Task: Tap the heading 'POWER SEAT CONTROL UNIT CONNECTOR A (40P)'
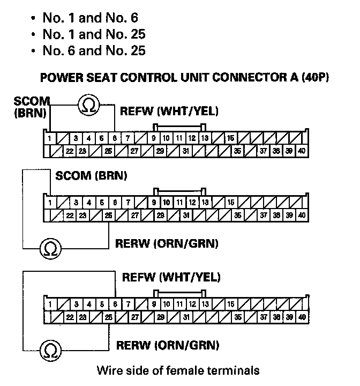pyautogui.click(x=184, y=77)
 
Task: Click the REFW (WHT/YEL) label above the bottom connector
pyautogui.click(x=171, y=277)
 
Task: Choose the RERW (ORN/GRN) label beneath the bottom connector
pyautogui.click(x=167, y=345)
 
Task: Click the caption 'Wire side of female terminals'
pyautogui.click(x=178, y=370)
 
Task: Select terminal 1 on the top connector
pyautogui.click(x=50, y=138)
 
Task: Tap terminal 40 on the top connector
pyautogui.click(x=302, y=151)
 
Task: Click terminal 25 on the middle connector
pyautogui.click(x=108, y=216)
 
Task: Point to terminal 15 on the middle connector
pyautogui.click(x=230, y=203)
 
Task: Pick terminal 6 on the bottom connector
pyautogui.click(x=115, y=304)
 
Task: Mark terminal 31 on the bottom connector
pyautogui.click(x=185, y=317)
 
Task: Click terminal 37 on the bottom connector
pyautogui.click(x=263, y=317)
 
